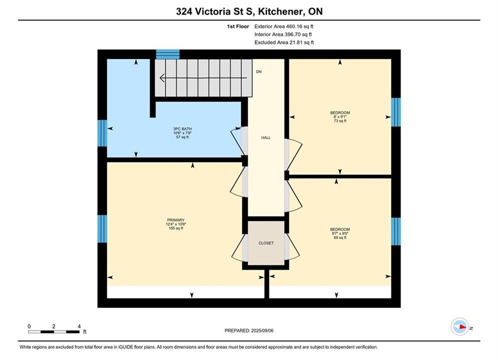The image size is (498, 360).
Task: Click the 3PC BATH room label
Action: (182, 133)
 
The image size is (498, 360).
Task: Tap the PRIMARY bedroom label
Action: (176, 224)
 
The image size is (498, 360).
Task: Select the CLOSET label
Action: (266, 243)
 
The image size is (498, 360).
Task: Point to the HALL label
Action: (266, 137)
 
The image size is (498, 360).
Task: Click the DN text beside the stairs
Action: (259, 71)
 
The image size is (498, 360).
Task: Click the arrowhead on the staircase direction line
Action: (162, 77)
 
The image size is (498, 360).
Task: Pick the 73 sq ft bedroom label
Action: (340, 116)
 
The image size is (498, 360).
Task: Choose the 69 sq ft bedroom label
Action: (340, 233)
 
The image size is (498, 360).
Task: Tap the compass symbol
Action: (459, 326)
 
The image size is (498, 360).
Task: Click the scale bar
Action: (54, 332)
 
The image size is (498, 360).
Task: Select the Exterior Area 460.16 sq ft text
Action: (284, 26)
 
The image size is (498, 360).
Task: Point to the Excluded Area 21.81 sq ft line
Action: (284, 42)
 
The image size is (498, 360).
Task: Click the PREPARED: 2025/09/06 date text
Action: (249, 330)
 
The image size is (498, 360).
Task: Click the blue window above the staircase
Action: (168, 54)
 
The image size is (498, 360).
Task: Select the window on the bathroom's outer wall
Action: (102, 133)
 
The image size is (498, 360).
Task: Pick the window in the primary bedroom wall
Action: (102, 228)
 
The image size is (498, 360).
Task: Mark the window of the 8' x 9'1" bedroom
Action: (396, 112)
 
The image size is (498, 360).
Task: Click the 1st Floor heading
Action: (238, 26)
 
